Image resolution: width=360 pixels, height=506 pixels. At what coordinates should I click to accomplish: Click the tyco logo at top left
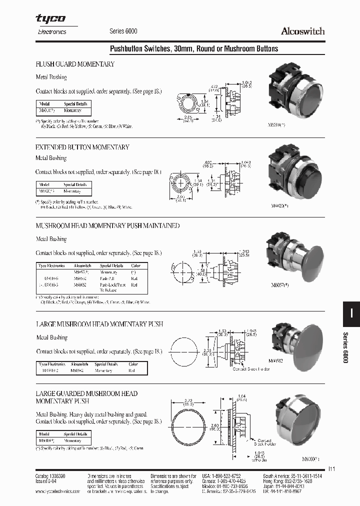(x=50, y=19)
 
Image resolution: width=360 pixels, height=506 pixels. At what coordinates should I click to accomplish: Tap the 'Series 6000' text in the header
(x=123, y=31)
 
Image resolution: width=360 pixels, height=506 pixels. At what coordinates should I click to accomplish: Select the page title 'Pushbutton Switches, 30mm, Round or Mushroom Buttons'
(x=193, y=48)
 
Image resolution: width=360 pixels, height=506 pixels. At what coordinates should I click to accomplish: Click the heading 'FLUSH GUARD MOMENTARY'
(x=75, y=64)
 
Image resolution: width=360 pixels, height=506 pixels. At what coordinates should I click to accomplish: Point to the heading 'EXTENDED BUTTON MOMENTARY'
(x=82, y=147)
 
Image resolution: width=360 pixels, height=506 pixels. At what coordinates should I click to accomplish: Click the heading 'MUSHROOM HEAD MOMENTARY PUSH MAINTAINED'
(x=107, y=226)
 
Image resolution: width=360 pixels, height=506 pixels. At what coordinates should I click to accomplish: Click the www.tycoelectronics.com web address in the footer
(x=58, y=491)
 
